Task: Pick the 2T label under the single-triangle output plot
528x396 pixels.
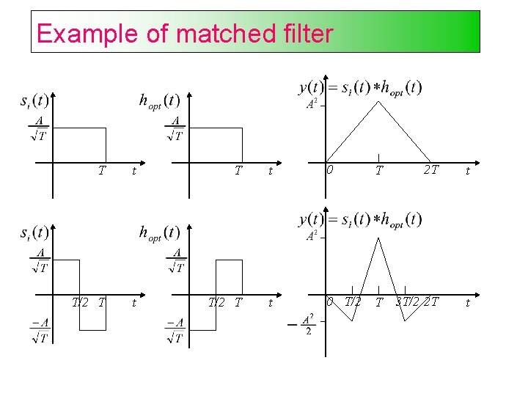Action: [x=430, y=170]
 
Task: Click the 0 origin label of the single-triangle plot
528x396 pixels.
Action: [x=331, y=169]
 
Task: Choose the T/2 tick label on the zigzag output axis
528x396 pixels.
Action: [x=353, y=302]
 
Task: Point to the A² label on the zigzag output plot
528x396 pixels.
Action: [x=311, y=236]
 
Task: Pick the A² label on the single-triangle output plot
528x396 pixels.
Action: [x=311, y=103]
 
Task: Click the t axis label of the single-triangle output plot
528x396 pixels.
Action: [x=468, y=172]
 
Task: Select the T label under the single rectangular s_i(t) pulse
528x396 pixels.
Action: [x=103, y=171]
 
